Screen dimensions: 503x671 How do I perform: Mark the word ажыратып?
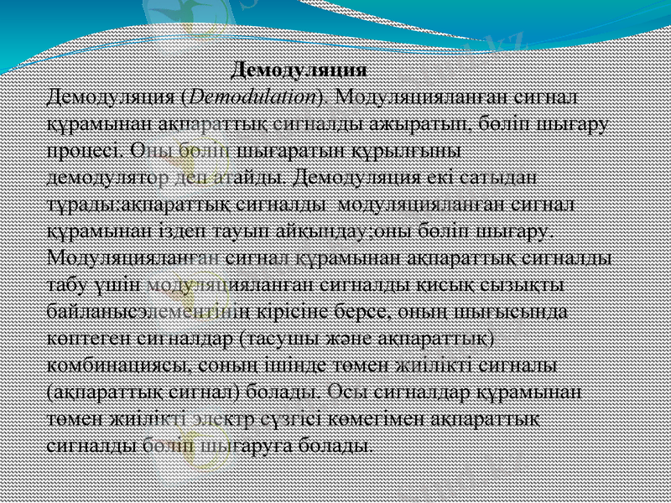[429, 124]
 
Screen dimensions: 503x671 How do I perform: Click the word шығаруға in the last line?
[251, 444]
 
